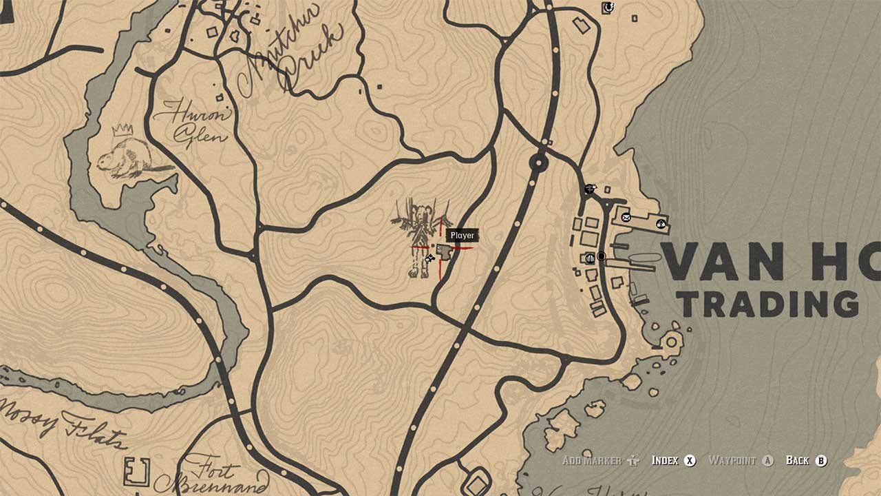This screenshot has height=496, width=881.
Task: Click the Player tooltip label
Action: click(462, 236)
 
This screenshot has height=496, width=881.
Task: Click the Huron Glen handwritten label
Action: click(191, 122)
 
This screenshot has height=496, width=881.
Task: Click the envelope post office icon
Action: click(626, 218)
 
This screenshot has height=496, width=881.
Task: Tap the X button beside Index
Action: click(690, 461)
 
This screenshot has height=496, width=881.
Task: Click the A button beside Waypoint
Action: click(768, 461)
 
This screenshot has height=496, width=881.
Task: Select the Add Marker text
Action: click(591, 461)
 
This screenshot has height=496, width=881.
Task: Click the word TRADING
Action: click(767, 304)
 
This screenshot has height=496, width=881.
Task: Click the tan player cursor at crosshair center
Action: click(443, 251)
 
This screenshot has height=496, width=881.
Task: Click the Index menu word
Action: click(665, 461)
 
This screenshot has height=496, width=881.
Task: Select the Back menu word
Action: click(797, 461)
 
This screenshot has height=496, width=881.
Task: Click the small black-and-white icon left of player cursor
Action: click(429, 259)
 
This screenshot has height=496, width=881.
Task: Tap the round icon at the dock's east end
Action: click(661, 223)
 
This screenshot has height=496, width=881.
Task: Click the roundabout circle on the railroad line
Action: click(538, 164)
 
